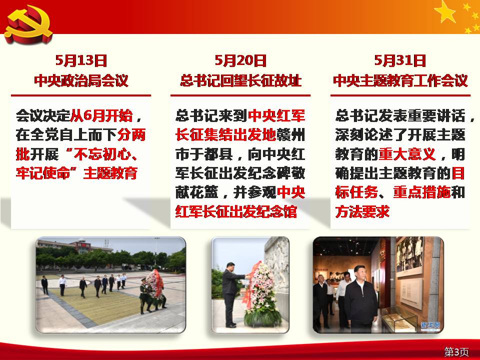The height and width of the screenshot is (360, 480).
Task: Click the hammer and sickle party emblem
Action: tap(28, 24)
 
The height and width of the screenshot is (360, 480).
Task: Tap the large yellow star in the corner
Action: tap(445, 11)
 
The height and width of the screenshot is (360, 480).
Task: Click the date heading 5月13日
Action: tap(81, 60)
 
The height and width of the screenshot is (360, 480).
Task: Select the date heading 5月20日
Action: tap(240, 60)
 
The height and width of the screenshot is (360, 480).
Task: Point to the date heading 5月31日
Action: tap(400, 60)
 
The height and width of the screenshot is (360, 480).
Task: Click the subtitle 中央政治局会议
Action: tap(81, 80)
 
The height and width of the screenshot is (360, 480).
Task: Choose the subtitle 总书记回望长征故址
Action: tap(240, 80)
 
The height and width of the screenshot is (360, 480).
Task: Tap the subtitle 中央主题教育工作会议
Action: tap(400, 80)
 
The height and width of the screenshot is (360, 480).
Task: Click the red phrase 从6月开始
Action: tap(102, 115)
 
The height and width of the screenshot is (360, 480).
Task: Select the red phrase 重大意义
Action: tap(407, 154)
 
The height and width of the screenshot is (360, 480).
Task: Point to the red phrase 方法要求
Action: tap(362, 211)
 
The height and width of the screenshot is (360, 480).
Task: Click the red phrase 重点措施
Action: tap(422, 192)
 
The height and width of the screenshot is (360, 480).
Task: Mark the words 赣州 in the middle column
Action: tap(291, 135)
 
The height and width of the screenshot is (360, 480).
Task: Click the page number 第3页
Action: tap(456, 351)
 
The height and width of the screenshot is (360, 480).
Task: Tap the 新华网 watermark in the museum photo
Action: tap(430, 324)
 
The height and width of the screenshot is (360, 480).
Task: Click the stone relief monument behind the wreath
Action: tap(276, 266)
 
